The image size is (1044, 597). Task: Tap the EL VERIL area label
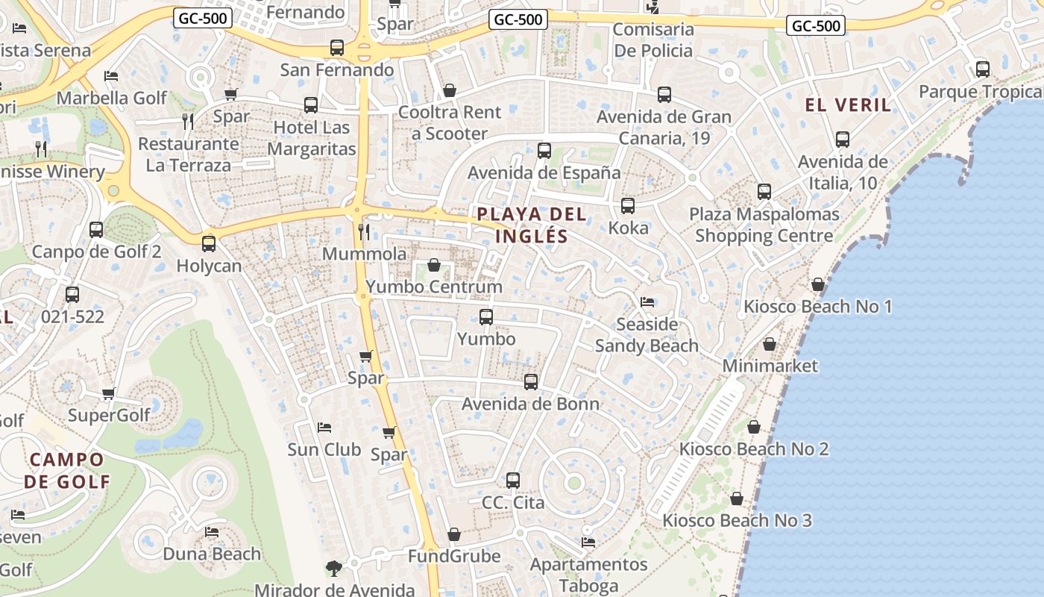pos(848,105)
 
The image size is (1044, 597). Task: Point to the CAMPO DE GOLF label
pos(66,470)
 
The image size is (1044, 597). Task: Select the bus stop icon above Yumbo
pos(486,317)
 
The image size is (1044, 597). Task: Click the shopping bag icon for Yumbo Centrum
pos(433,265)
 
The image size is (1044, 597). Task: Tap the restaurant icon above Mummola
pos(364,231)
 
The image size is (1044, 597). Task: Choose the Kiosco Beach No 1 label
pos(817,307)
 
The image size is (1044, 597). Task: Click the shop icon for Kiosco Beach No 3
pos(737,498)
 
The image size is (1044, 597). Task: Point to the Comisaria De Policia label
pos(652,40)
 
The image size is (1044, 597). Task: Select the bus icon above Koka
pos(628,206)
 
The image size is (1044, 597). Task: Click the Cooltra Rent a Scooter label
pos(450,123)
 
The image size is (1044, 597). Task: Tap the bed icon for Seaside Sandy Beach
pos(647,302)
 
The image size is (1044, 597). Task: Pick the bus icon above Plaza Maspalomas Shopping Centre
pos(764,192)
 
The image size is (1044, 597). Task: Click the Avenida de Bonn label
pos(530,404)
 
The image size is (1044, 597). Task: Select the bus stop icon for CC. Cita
pos(513,481)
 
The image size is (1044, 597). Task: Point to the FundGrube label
pos(454,557)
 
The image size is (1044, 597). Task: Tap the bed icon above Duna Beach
pos(212,532)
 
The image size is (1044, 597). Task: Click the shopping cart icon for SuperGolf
pos(109,393)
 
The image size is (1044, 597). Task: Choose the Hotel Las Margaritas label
pos(312,138)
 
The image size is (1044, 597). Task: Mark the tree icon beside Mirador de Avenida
pos(334,569)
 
